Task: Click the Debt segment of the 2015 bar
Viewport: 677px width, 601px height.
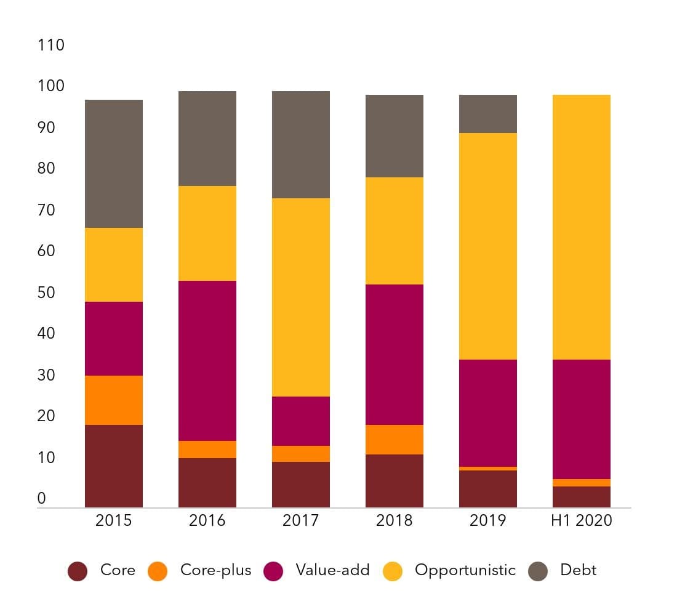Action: click(x=114, y=164)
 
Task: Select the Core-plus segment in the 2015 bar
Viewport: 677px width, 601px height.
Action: click(x=114, y=400)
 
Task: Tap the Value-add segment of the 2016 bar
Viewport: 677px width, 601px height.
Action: click(x=207, y=361)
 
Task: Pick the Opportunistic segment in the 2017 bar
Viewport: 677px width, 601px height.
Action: click(x=301, y=297)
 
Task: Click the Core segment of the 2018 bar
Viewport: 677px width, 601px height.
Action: click(x=394, y=481)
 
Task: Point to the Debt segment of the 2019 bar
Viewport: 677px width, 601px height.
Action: click(x=488, y=114)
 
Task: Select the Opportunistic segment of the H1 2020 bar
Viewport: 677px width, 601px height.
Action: click(x=582, y=227)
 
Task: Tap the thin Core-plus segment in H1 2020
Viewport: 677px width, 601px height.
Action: click(x=582, y=483)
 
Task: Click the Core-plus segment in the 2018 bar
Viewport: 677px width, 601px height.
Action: click(x=394, y=440)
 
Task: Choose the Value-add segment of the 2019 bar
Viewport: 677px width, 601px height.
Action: click(x=488, y=413)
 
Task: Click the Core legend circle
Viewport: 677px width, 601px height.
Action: click(x=78, y=571)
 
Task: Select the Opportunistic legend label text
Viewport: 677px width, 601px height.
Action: click(x=465, y=570)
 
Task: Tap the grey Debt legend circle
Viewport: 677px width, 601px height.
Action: click(x=538, y=571)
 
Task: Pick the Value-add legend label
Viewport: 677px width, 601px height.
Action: click(x=332, y=570)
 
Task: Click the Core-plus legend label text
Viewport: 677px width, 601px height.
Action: click(x=216, y=570)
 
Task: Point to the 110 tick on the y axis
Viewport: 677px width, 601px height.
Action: click(x=51, y=45)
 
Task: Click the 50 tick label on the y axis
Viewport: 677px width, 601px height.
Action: click(x=46, y=292)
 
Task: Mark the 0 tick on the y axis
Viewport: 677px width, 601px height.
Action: click(x=41, y=498)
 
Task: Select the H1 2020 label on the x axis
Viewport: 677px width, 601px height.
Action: click(x=582, y=520)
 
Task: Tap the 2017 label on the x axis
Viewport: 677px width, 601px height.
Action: click(x=301, y=520)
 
